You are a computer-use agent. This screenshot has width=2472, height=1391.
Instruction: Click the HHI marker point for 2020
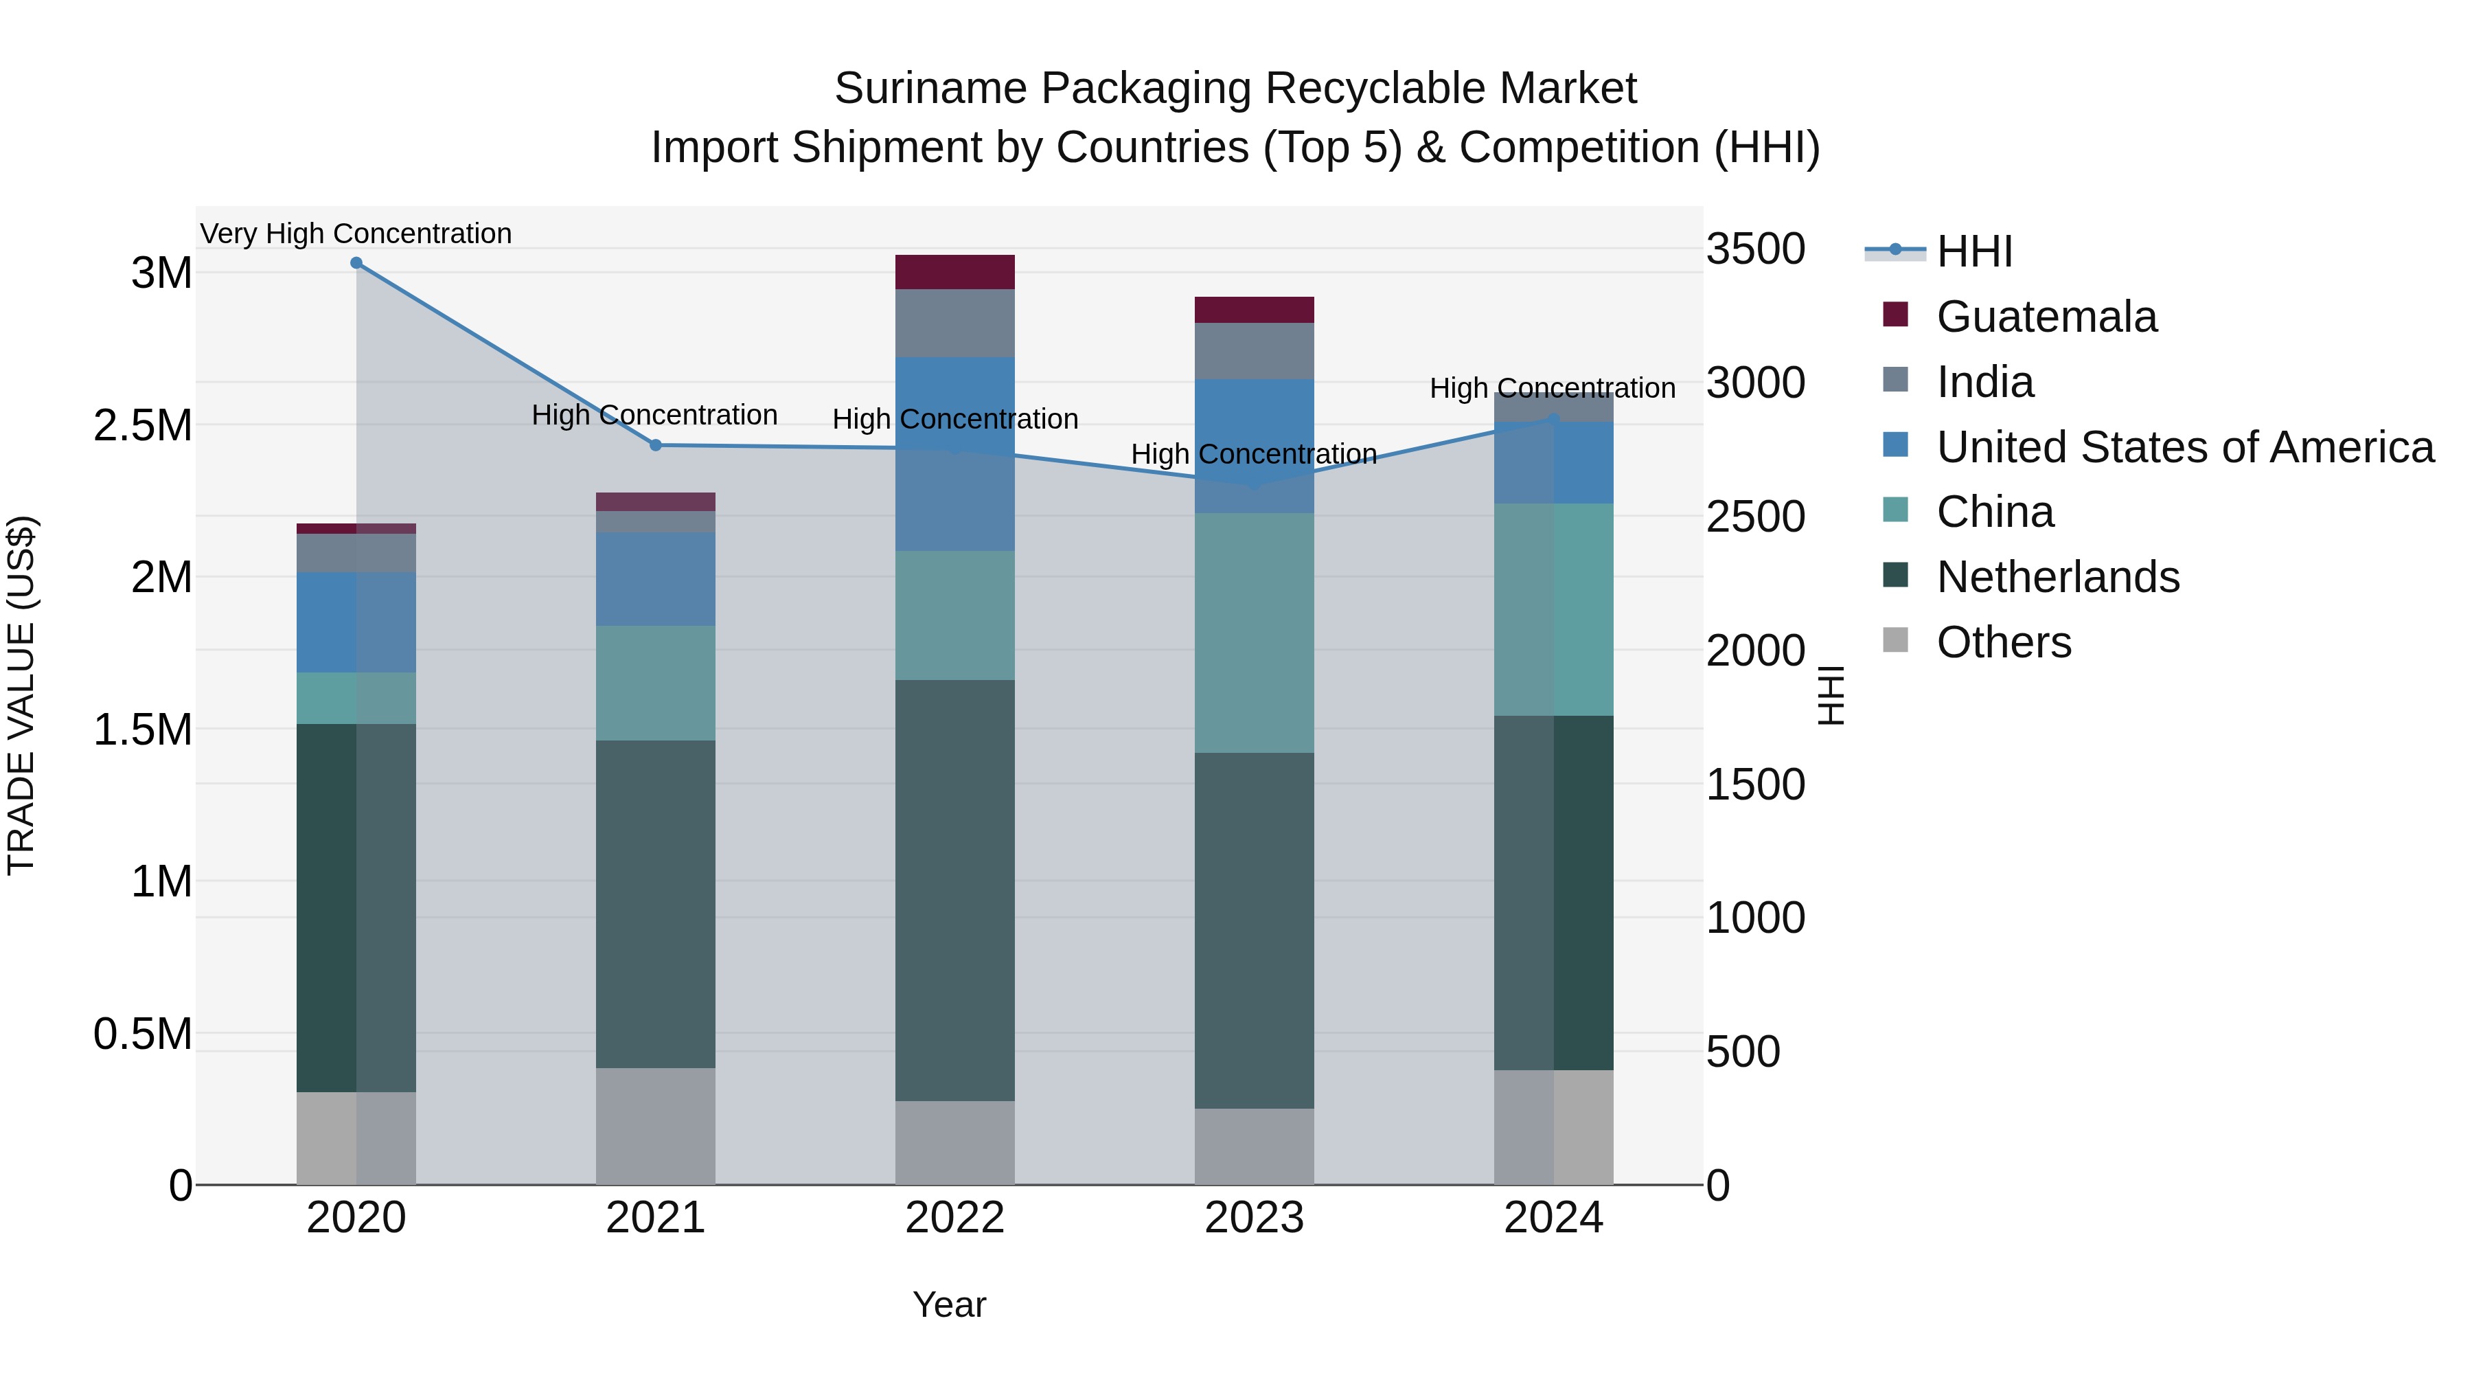[x=356, y=263]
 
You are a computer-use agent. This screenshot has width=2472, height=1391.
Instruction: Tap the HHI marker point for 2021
[x=656, y=445]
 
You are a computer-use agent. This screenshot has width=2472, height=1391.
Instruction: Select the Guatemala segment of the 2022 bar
[x=955, y=271]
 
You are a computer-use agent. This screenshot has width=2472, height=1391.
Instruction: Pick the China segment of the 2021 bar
[x=656, y=683]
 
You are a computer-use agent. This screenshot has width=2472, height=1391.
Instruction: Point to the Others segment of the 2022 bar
[x=955, y=1142]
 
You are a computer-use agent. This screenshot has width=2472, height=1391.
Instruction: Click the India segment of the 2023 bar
[x=1255, y=350]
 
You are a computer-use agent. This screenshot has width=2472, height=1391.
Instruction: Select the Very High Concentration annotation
[x=356, y=234]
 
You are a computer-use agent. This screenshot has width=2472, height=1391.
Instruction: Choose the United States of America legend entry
[x=2184, y=447]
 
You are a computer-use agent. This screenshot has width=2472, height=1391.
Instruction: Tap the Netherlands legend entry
[x=2057, y=577]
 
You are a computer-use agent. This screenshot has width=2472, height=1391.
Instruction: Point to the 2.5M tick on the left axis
[x=143, y=425]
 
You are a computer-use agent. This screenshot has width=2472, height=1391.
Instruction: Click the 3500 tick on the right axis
[x=1755, y=249]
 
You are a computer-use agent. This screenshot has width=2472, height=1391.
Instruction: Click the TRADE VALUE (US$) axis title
[x=21, y=695]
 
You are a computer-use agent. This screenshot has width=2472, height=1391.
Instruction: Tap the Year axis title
[x=949, y=1304]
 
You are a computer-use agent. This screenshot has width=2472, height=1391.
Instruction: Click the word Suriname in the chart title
[x=931, y=89]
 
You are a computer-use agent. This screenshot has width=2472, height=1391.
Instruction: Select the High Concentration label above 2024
[x=1553, y=388]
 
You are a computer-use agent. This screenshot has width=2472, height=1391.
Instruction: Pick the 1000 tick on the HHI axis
[x=1755, y=918]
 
